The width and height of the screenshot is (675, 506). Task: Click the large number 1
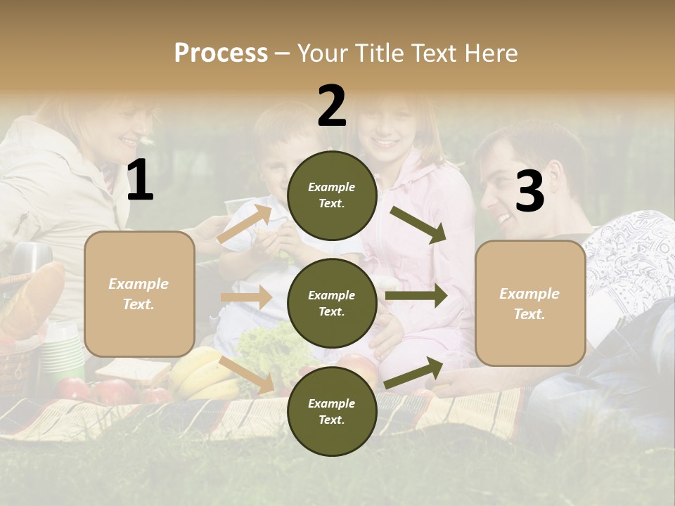pos(140,181)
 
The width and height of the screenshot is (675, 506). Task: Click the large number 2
pos(332,106)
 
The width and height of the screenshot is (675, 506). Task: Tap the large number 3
pos(529,191)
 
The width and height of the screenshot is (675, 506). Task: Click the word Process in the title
pos(221,53)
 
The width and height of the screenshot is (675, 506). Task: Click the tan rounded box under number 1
pos(139,294)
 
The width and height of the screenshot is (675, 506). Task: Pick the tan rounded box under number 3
pos(530,303)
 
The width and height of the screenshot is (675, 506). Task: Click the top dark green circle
pos(332,195)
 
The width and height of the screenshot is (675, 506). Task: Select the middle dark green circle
pos(332,303)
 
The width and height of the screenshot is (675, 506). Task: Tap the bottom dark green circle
pos(332,411)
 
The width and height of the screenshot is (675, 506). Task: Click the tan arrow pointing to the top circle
pos(245,224)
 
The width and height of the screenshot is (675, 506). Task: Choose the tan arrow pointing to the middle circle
pos(246,297)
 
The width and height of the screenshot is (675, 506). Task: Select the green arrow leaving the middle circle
pos(416,295)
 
